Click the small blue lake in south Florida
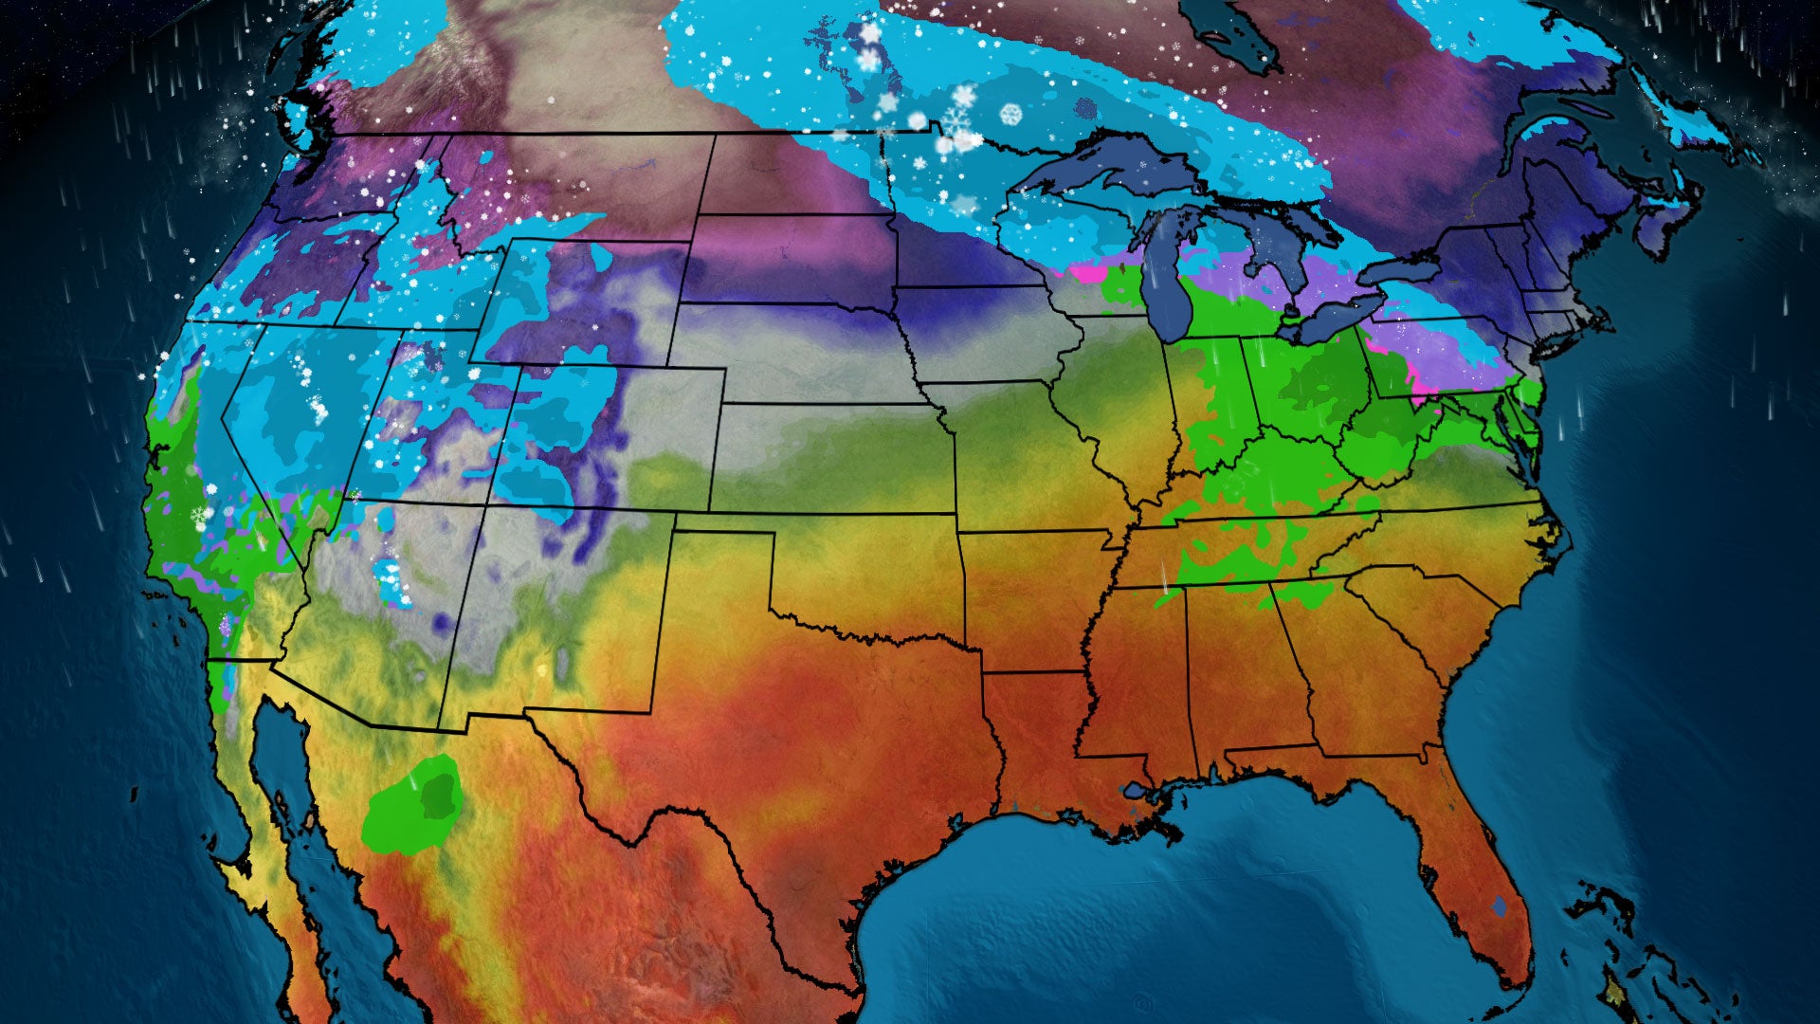[x=1498, y=905]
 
